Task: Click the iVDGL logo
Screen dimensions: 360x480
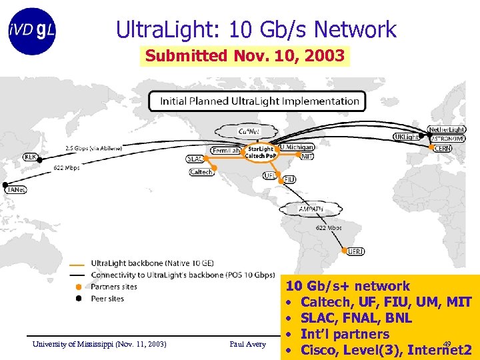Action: click(x=32, y=31)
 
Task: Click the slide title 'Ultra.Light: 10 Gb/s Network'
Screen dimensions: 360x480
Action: click(x=256, y=29)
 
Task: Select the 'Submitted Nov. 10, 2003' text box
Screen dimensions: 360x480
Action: click(x=245, y=56)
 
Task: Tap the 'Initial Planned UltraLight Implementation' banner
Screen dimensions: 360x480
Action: click(x=255, y=101)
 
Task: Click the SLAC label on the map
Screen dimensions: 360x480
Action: click(x=195, y=159)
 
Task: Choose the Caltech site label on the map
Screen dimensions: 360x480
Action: click(x=201, y=172)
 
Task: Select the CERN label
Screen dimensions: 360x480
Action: click(x=442, y=149)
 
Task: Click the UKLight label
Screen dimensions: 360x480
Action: click(x=406, y=137)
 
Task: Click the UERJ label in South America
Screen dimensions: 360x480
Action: click(x=356, y=251)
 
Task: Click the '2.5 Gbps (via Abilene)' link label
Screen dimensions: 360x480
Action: click(x=93, y=147)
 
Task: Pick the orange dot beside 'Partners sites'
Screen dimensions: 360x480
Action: click(x=79, y=287)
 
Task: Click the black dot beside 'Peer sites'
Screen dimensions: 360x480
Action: click(x=79, y=299)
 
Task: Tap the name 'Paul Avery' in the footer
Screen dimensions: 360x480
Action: click(x=247, y=344)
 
